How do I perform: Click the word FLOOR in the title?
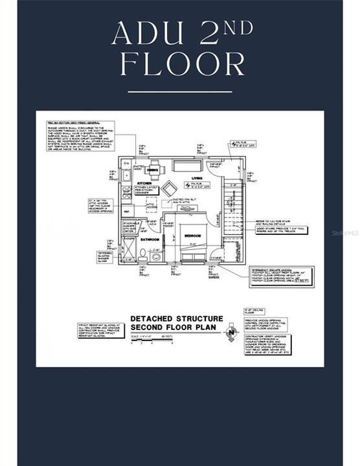click(x=180, y=65)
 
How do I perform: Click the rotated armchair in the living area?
click(x=168, y=188)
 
